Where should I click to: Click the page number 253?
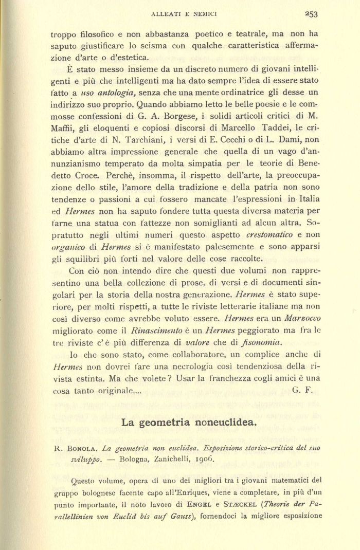point(311,14)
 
